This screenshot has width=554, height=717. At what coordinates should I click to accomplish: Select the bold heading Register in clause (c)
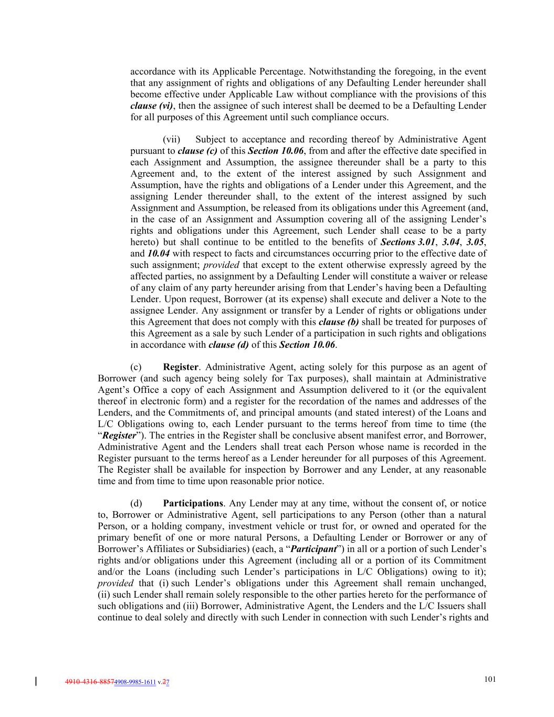pos(181,367)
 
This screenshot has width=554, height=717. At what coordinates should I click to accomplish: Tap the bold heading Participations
pos(193,503)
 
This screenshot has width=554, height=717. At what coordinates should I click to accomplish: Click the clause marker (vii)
pos(171,140)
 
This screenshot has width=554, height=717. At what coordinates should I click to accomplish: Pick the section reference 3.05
pos(476,242)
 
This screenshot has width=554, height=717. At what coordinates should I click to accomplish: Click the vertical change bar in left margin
pos(36,682)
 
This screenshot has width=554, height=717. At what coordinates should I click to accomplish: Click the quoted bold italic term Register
pos(118,435)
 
